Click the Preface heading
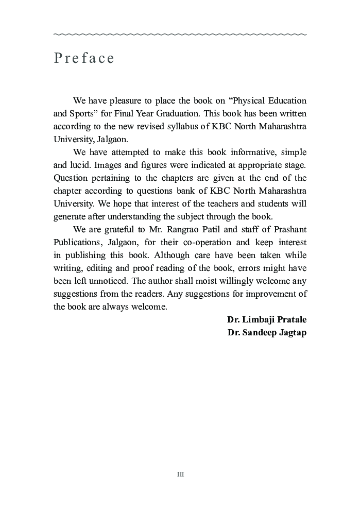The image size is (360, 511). click(x=84, y=58)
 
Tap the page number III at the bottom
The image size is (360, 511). click(x=180, y=474)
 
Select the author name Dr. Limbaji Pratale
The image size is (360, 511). click(x=266, y=319)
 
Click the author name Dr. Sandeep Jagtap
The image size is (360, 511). click(x=267, y=332)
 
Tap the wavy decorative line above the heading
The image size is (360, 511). click(x=180, y=35)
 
